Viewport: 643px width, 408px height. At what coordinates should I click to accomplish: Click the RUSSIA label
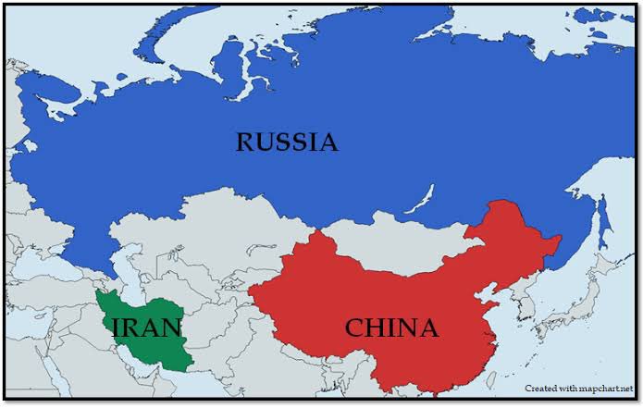pos(286,142)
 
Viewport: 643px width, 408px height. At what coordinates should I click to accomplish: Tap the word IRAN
pos(146,328)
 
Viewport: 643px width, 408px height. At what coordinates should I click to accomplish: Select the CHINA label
pos(390,328)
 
